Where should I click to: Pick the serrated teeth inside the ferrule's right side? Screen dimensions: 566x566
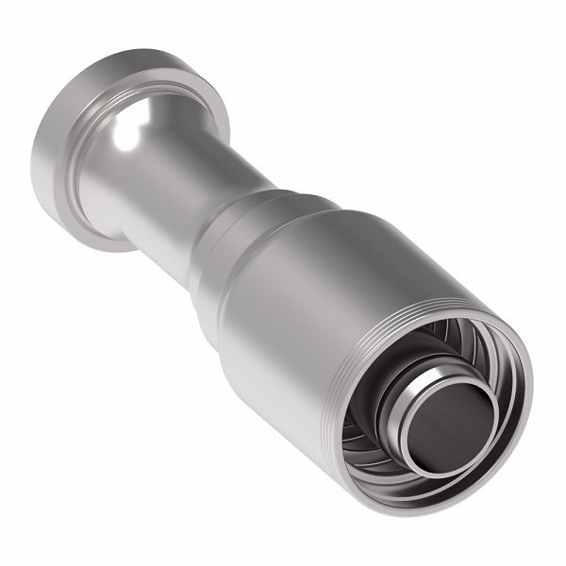pyautogui.click(x=500, y=396)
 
